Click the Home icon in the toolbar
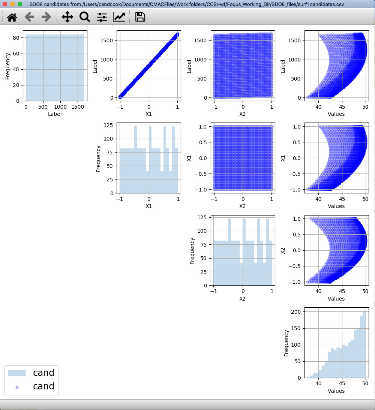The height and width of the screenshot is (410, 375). tap(12, 17)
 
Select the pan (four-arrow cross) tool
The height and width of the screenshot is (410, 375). tap(67, 17)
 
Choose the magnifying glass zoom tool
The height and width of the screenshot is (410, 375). tap(84, 17)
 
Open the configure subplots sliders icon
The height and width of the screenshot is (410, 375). tap(102, 17)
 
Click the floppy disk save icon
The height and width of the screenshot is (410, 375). tap(140, 17)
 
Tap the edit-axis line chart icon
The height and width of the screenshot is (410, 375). tap(119, 17)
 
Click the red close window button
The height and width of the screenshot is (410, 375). tap(5, 4)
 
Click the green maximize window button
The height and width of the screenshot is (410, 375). tap(20, 4)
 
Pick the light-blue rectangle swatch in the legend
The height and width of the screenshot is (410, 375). tap(17, 373)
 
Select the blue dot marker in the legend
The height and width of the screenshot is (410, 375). tap(17, 386)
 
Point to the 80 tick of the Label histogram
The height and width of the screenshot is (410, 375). tap(16, 38)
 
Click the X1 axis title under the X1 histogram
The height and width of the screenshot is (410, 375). tap(148, 206)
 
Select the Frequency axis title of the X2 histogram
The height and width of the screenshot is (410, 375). tap(192, 251)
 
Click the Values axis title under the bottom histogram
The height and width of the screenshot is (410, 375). tap(336, 391)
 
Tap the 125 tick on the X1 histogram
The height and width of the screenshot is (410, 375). tap(108, 125)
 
